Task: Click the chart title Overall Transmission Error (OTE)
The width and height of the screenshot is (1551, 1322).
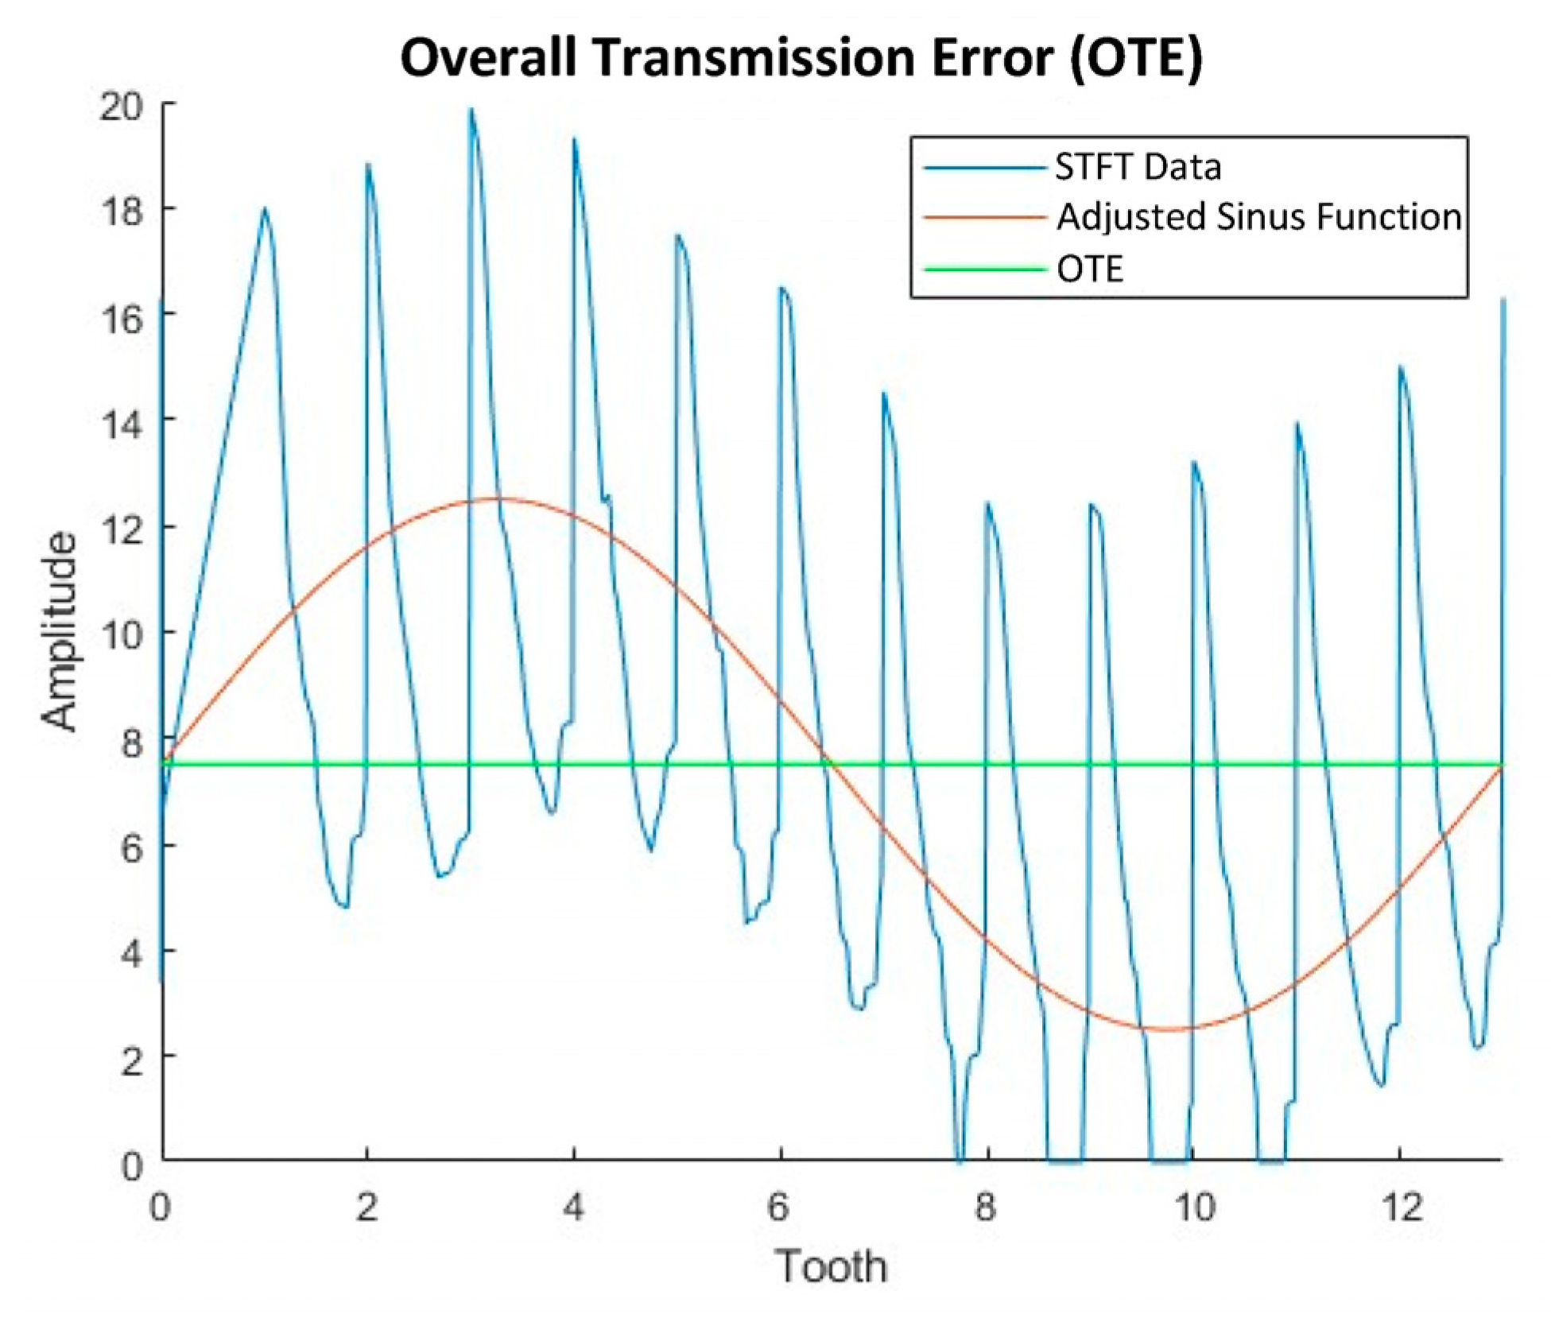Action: (801, 58)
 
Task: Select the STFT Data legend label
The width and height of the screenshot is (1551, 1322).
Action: (1138, 167)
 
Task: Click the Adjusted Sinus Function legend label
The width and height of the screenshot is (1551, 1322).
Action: (1258, 217)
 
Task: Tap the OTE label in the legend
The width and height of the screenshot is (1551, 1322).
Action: (1089, 269)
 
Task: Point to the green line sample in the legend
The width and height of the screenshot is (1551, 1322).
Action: (984, 269)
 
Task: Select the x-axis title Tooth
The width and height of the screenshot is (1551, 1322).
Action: (831, 1266)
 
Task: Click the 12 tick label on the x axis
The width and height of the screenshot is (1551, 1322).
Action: (1401, 1208)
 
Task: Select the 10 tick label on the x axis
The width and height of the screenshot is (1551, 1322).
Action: (1194, 1208)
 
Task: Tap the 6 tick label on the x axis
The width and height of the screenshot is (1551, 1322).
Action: (779, 1208)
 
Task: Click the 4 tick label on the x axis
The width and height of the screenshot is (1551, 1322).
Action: (572, 1208)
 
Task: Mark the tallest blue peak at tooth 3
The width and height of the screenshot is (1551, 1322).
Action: (471, 110)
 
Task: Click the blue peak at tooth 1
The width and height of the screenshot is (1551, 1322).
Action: (265, 209)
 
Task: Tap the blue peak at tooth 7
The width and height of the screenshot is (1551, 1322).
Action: (883, 394)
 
